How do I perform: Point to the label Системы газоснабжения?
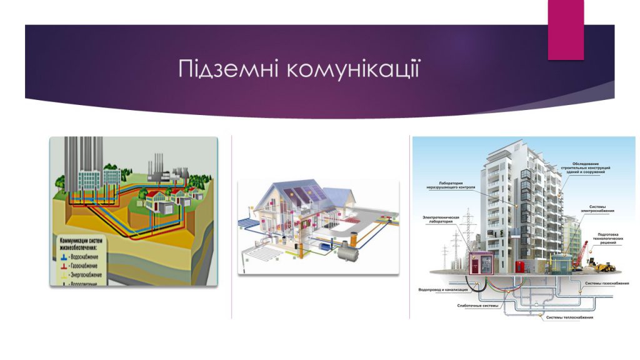click(606, 284)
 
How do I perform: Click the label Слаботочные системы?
click(478, 306)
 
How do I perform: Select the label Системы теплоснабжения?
click(569, 317)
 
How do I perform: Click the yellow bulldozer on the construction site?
click(603, 267)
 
